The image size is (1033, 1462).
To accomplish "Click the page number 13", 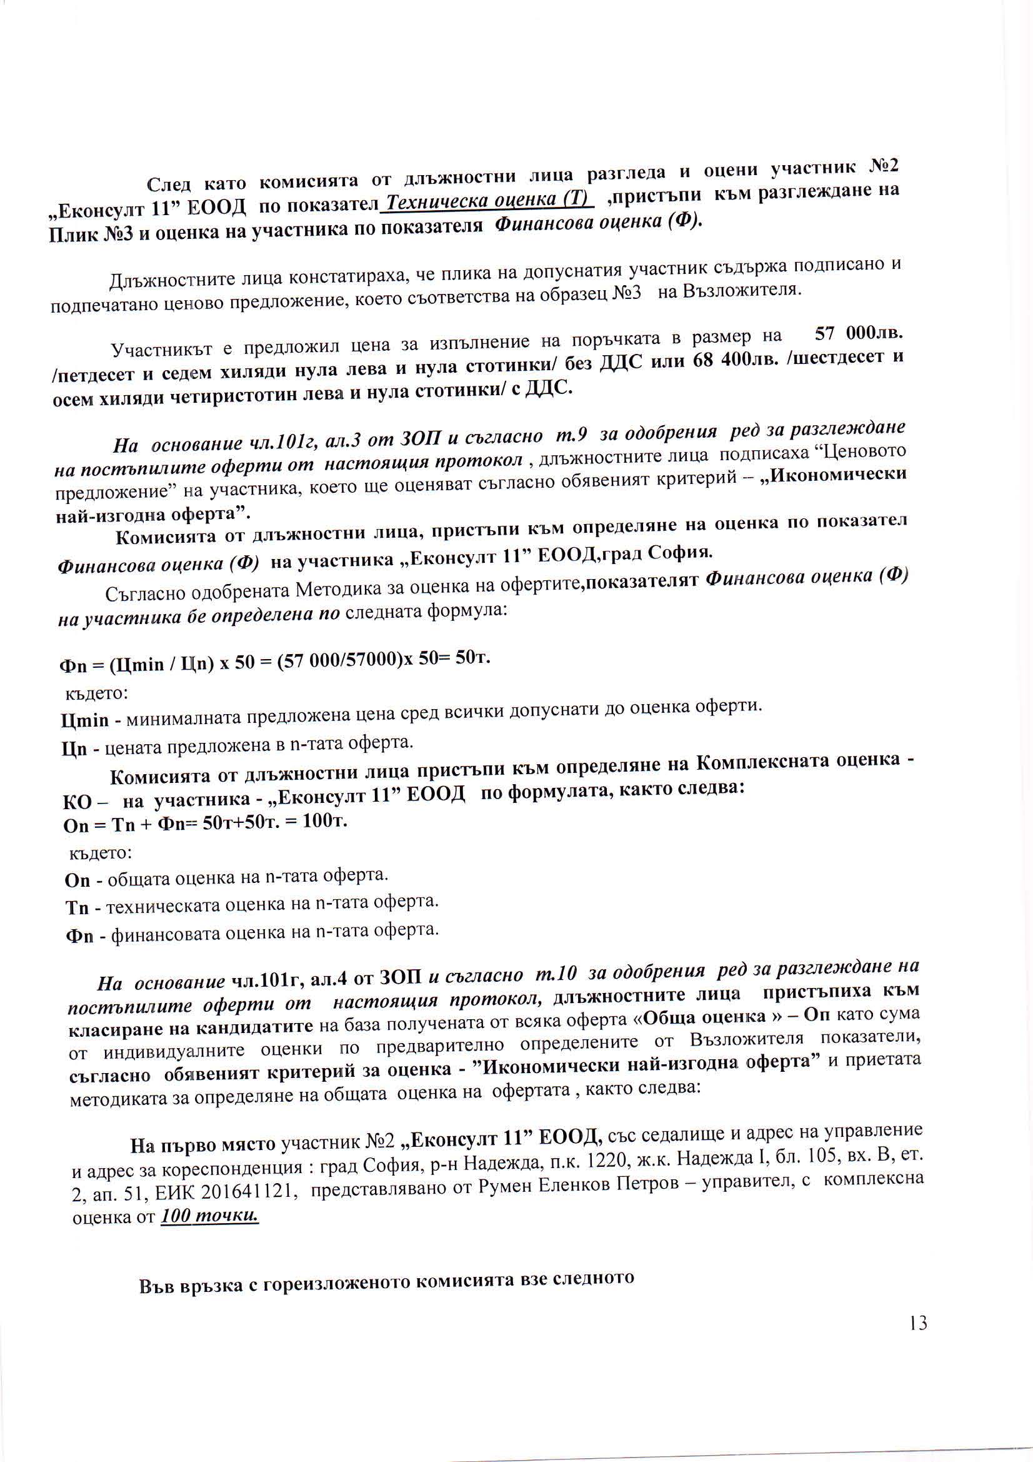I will coord(918,1323).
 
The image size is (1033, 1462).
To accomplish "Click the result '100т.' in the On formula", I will coord(324,822).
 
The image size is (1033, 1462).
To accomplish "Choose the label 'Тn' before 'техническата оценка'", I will coord(76,907).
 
